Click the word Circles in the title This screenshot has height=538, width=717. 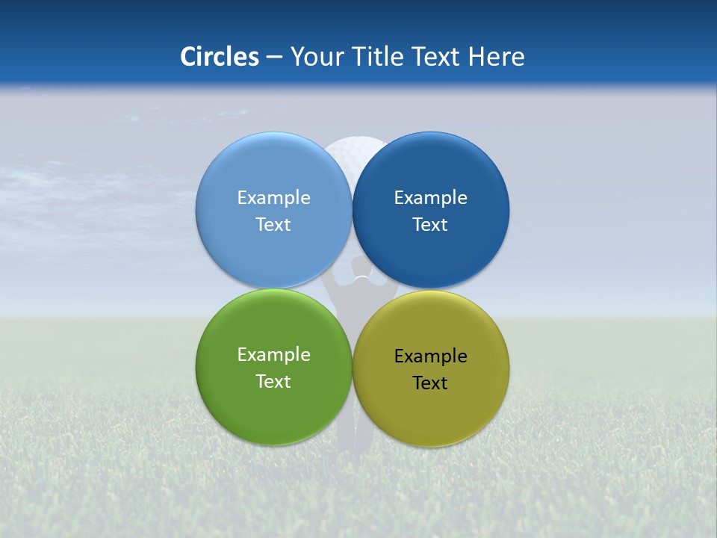(219, 57)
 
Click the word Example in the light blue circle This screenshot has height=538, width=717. (273, 198)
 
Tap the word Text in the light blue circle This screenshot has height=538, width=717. (273, 225)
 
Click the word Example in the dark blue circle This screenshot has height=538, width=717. (430, 198)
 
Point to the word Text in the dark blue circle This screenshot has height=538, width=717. (430, 225)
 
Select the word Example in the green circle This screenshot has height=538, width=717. (273, 355)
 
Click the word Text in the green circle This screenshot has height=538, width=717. (273, 382)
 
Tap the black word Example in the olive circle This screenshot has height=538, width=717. (430, 356)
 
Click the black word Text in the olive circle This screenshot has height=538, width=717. (430, 383)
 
